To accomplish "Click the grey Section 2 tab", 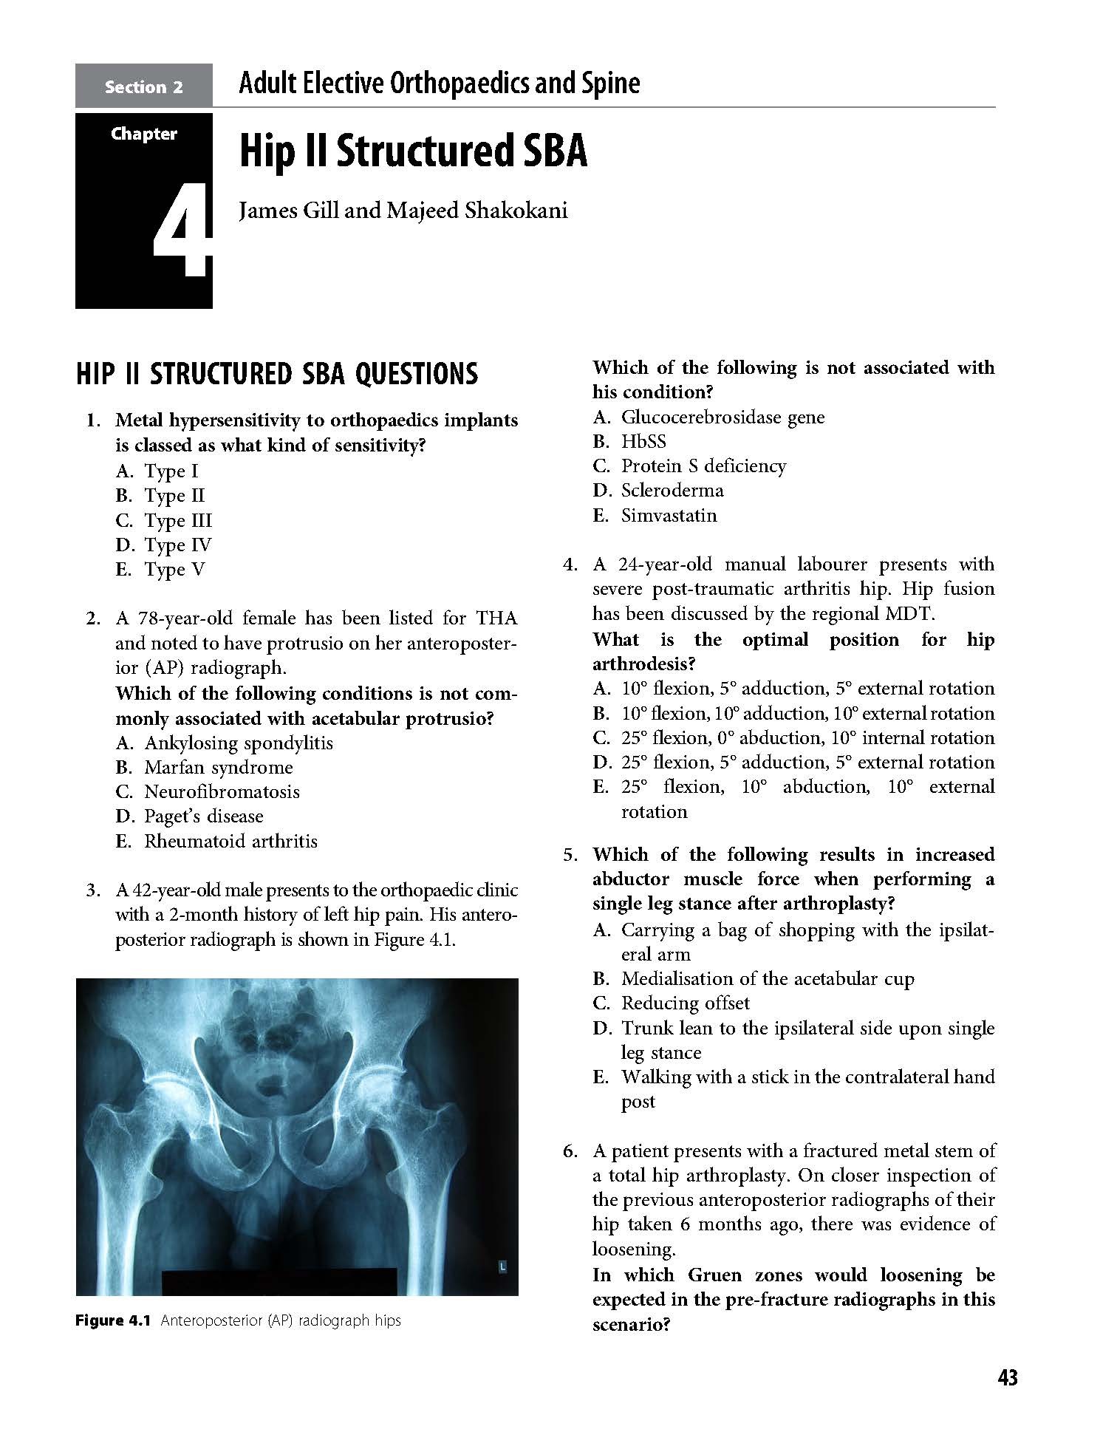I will pos(143,86).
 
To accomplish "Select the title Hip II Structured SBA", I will pos(412,151).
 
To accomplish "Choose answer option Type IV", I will pos(177,545).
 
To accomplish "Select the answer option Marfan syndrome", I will pos(218,767).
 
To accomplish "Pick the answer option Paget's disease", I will pos(203,816).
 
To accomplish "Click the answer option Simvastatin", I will pos(669,515).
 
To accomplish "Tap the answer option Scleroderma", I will pos(672,491).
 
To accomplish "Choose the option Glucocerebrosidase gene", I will pos(722,417).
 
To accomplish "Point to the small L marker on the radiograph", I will pos(502,1266).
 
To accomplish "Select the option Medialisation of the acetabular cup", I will pos(767,979).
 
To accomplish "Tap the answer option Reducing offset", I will pos(685,1003).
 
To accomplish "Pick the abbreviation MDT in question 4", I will pos(910,614).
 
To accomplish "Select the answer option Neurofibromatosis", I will pos(222,792).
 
